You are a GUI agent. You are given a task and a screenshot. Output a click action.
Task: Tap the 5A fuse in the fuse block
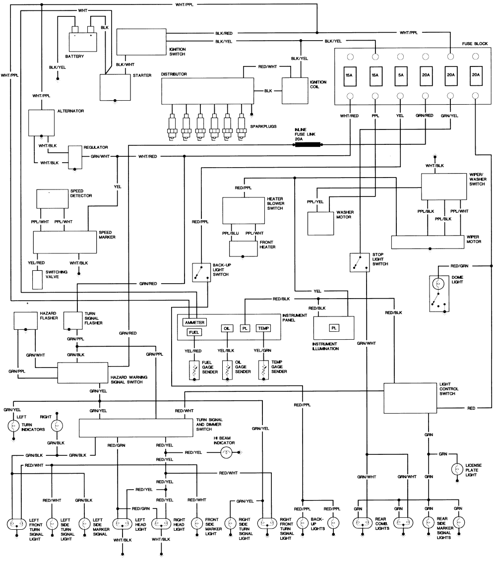pyautogui.click(x=400, y=75)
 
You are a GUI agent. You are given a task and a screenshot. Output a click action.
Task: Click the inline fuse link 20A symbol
pyautogui.click(x=307, y=145)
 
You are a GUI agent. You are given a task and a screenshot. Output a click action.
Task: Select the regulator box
pyautogui.click(x=74, y=157)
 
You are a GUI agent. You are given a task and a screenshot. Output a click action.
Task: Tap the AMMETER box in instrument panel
pyautogui.click(x=194, y=322)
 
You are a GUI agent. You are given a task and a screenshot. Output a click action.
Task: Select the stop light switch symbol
pyautogui.click(x=357, y=262)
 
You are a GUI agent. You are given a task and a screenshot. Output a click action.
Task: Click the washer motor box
pyautogui.click(x=321, y=223)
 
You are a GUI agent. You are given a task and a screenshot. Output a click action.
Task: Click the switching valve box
pyautogui.click(x=38, y=280)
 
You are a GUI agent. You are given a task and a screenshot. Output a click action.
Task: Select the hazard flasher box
pyautogui.click(x=25, y=320)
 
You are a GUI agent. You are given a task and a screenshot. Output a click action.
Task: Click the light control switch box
pyautogui.click(x=410, y=398)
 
